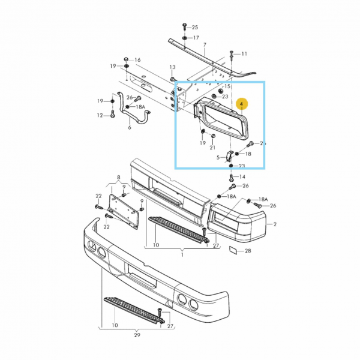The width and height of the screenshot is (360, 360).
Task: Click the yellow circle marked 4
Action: coord(241,104)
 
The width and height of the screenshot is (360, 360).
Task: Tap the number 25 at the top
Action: coord(194,28)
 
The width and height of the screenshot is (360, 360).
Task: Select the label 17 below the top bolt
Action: coord(196,38)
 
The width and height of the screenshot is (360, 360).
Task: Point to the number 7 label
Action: coord(205,45)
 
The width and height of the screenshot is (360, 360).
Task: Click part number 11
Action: coord(244,54)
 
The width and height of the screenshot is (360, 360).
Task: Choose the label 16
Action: coord(137,60)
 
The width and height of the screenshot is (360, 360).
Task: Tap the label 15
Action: coord(227,86)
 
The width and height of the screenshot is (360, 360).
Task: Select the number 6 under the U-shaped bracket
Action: coord(129,128)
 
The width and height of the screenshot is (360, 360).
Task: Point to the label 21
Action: coord(212,148)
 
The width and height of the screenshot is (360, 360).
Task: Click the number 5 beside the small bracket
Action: coord(218,158)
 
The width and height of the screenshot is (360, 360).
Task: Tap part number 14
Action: coord(242,177)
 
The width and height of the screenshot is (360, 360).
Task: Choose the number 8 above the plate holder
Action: coord(119,178)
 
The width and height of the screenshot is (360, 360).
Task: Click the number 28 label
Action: coord(248,251)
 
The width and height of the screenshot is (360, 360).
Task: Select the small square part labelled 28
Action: coord(233,251)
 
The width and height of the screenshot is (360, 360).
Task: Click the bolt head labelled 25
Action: coord(184,26)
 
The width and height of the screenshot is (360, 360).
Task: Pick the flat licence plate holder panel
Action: coord(125,209)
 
